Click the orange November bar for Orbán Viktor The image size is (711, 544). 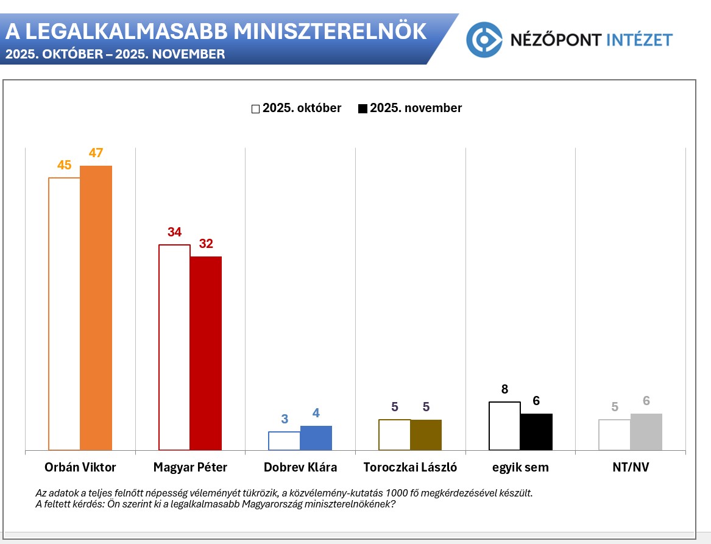[96, 308]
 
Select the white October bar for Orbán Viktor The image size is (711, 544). [65, 314]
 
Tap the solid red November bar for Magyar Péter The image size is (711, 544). [206, 353]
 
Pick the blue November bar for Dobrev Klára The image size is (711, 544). [316, 438]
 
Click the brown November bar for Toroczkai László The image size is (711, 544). [426, 435]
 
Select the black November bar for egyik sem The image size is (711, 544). [536, 432]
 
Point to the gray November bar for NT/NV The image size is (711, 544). [646, 432]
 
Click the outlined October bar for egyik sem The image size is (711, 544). [504, 426]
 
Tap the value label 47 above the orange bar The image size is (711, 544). [96, 153]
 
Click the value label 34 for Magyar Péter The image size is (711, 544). [175, 232]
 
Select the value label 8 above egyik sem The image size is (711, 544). [504, 389]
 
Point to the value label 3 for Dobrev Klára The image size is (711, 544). [285, 419]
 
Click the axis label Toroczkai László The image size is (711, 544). [410, 468]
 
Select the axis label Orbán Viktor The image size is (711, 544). [80, 468]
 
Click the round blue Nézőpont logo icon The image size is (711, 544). [484, 40]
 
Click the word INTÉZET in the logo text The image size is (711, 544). [640, 40]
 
